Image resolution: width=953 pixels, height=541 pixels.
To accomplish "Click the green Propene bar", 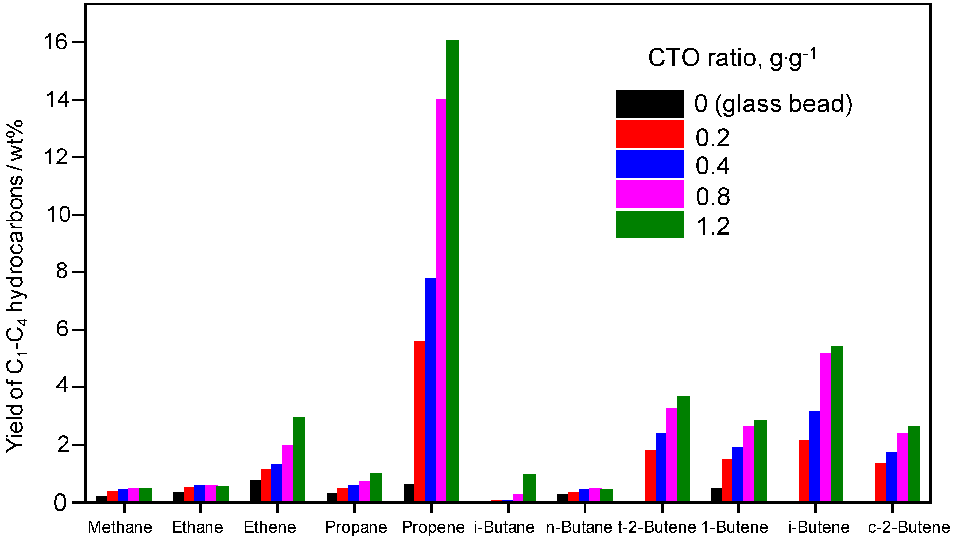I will point(453,271).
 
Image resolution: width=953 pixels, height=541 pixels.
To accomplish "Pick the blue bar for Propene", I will point(431,390).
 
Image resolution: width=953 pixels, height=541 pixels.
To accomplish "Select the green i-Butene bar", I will point(837,424).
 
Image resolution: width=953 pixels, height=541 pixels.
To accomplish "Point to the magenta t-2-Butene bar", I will point(671,455).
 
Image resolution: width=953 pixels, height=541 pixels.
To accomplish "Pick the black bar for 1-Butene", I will point(716,495).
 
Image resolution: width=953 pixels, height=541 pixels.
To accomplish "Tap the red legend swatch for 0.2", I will point(650,134).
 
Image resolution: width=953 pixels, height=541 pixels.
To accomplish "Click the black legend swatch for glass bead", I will point(650,104).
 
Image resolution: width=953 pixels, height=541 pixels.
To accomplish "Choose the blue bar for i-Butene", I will point(814,456).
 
